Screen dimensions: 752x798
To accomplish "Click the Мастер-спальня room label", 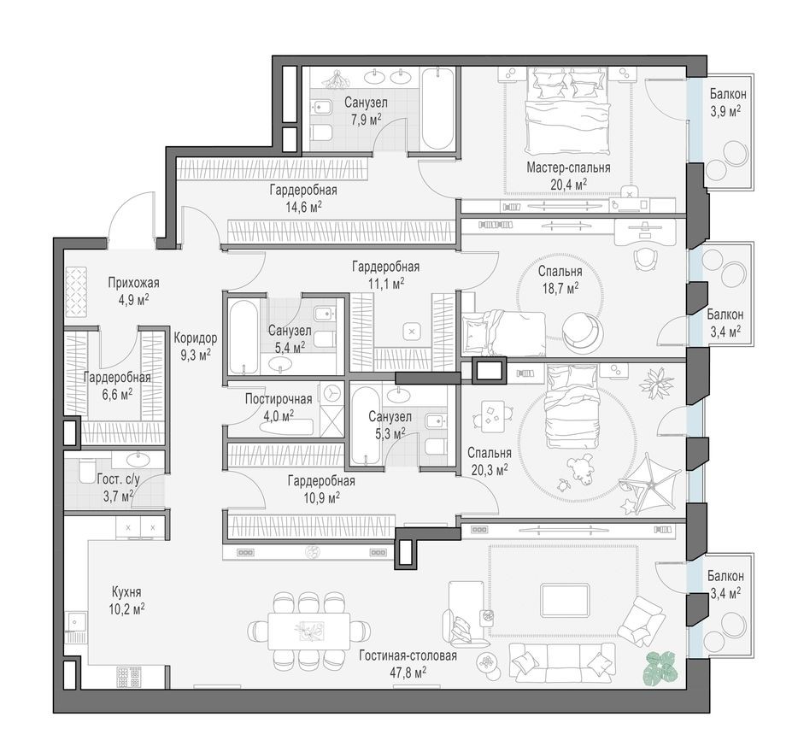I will (568, 167).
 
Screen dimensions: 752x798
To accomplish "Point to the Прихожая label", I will (133, 282).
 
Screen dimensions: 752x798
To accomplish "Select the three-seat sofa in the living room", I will (564, 662).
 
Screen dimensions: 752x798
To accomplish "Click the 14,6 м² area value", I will (298, 206).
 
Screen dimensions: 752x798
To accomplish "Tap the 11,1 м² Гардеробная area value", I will (385, 283).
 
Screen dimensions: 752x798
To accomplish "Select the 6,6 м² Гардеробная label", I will (117, 377).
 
